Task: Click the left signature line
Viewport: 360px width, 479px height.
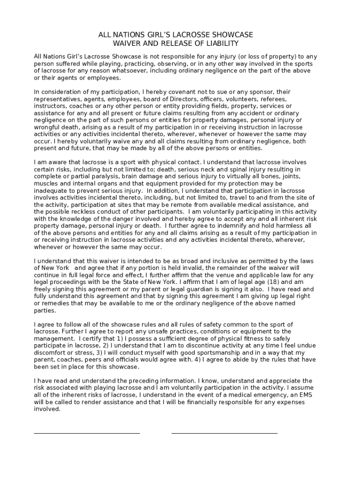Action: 86,433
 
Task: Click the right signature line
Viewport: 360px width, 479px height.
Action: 224,433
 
